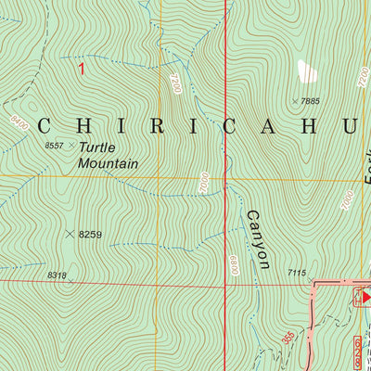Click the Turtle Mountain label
pyautogui.click(x=108, y=155)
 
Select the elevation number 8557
pyautogui.click(x=56, y=146)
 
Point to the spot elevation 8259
pyautogui.click(x=90, y=235)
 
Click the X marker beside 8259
pyautogui.click(x=70, y=235)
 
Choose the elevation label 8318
pyautogui.click(x=56, y=275)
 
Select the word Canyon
pyautogui.click(x=257, y=238)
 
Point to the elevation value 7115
pyautogui.click(x=296, y=272)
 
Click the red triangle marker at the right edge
pyautogui.click(x=365, y=297)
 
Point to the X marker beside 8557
pyautogui.click(x=70, y=146)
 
